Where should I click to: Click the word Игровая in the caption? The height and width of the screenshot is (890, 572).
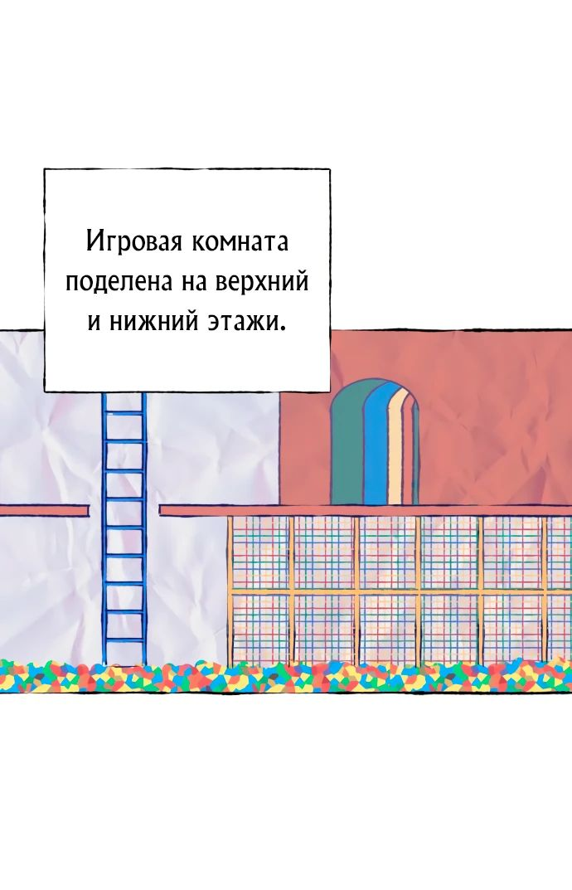pyautogui.click(x=134, y=242)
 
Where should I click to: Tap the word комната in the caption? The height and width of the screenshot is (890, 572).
pyautogui.click(x=240, y=243)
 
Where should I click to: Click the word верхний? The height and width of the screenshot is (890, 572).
pyautogui.click(x=261, y=282)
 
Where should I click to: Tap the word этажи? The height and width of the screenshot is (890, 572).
pyautogui.click(x=242, y=323)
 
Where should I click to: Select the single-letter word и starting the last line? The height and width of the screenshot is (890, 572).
pyautogui.click(x=95, y=323)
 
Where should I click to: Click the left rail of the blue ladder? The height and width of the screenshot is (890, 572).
pyautogui.click(x=104, y=528)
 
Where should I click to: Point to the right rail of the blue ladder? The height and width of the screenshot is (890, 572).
pyautogui.click(x=143, y=528)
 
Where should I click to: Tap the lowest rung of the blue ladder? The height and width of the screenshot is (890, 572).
pyautogui.click(x=124, y=640)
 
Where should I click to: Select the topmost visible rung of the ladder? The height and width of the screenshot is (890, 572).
pyautogui.click(x=124, y=413)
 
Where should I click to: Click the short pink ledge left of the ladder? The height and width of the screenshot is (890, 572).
pyautogui.click(x=44, y=511)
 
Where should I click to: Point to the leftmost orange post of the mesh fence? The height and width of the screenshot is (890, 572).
pyautogui.click(x=230, y=591)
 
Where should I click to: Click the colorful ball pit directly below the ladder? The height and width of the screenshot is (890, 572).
pyautogui.click(x=124, y=675)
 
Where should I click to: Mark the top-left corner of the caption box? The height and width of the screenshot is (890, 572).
pyautogui.click(x=44, y=169)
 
